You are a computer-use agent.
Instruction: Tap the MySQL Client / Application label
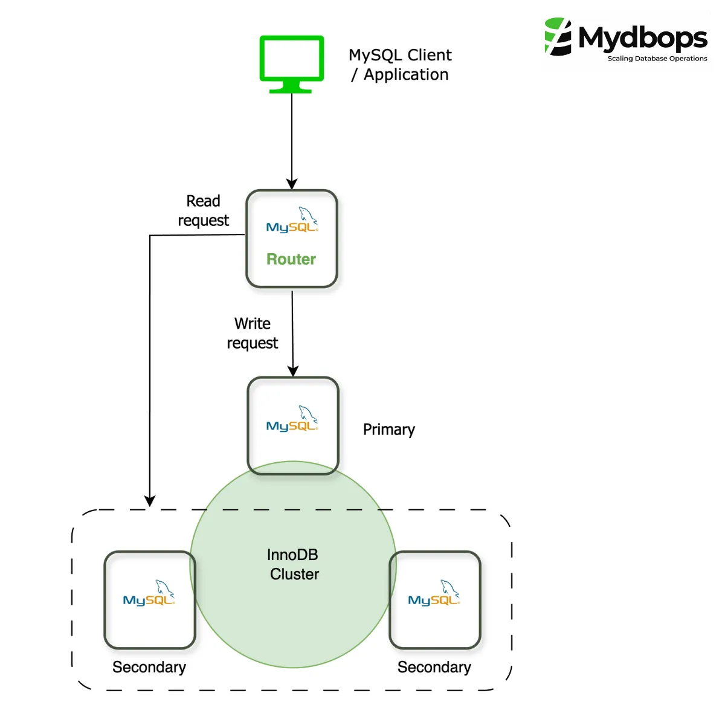click(400, 65)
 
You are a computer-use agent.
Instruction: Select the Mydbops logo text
click(642, 38)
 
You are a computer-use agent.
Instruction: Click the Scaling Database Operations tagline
click(657, 59)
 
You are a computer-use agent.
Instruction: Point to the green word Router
click(291, 259)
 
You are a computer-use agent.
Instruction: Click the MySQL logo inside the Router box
click(292, 221)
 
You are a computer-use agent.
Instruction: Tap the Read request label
click(203, 211)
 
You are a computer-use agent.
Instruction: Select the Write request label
click(253, 333)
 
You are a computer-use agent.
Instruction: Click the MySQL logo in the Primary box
click(292, 419)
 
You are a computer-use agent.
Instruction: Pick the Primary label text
click(389, 430)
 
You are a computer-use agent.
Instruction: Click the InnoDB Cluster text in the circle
click(294, 564)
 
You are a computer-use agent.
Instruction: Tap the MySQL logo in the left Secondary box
click(149, 593)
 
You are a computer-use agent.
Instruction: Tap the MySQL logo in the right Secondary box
click(434, 593)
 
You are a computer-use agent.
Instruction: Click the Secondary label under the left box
click(149, 667)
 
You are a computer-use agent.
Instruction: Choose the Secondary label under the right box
click(434, 667)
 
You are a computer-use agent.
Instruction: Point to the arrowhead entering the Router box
click(292, 184)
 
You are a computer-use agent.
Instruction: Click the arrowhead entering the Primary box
click(293, 371)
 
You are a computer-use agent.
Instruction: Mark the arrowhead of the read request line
click(150, 501)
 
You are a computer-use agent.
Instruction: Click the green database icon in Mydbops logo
click(558, 37)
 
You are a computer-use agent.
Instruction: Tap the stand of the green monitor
click(291, 88)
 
